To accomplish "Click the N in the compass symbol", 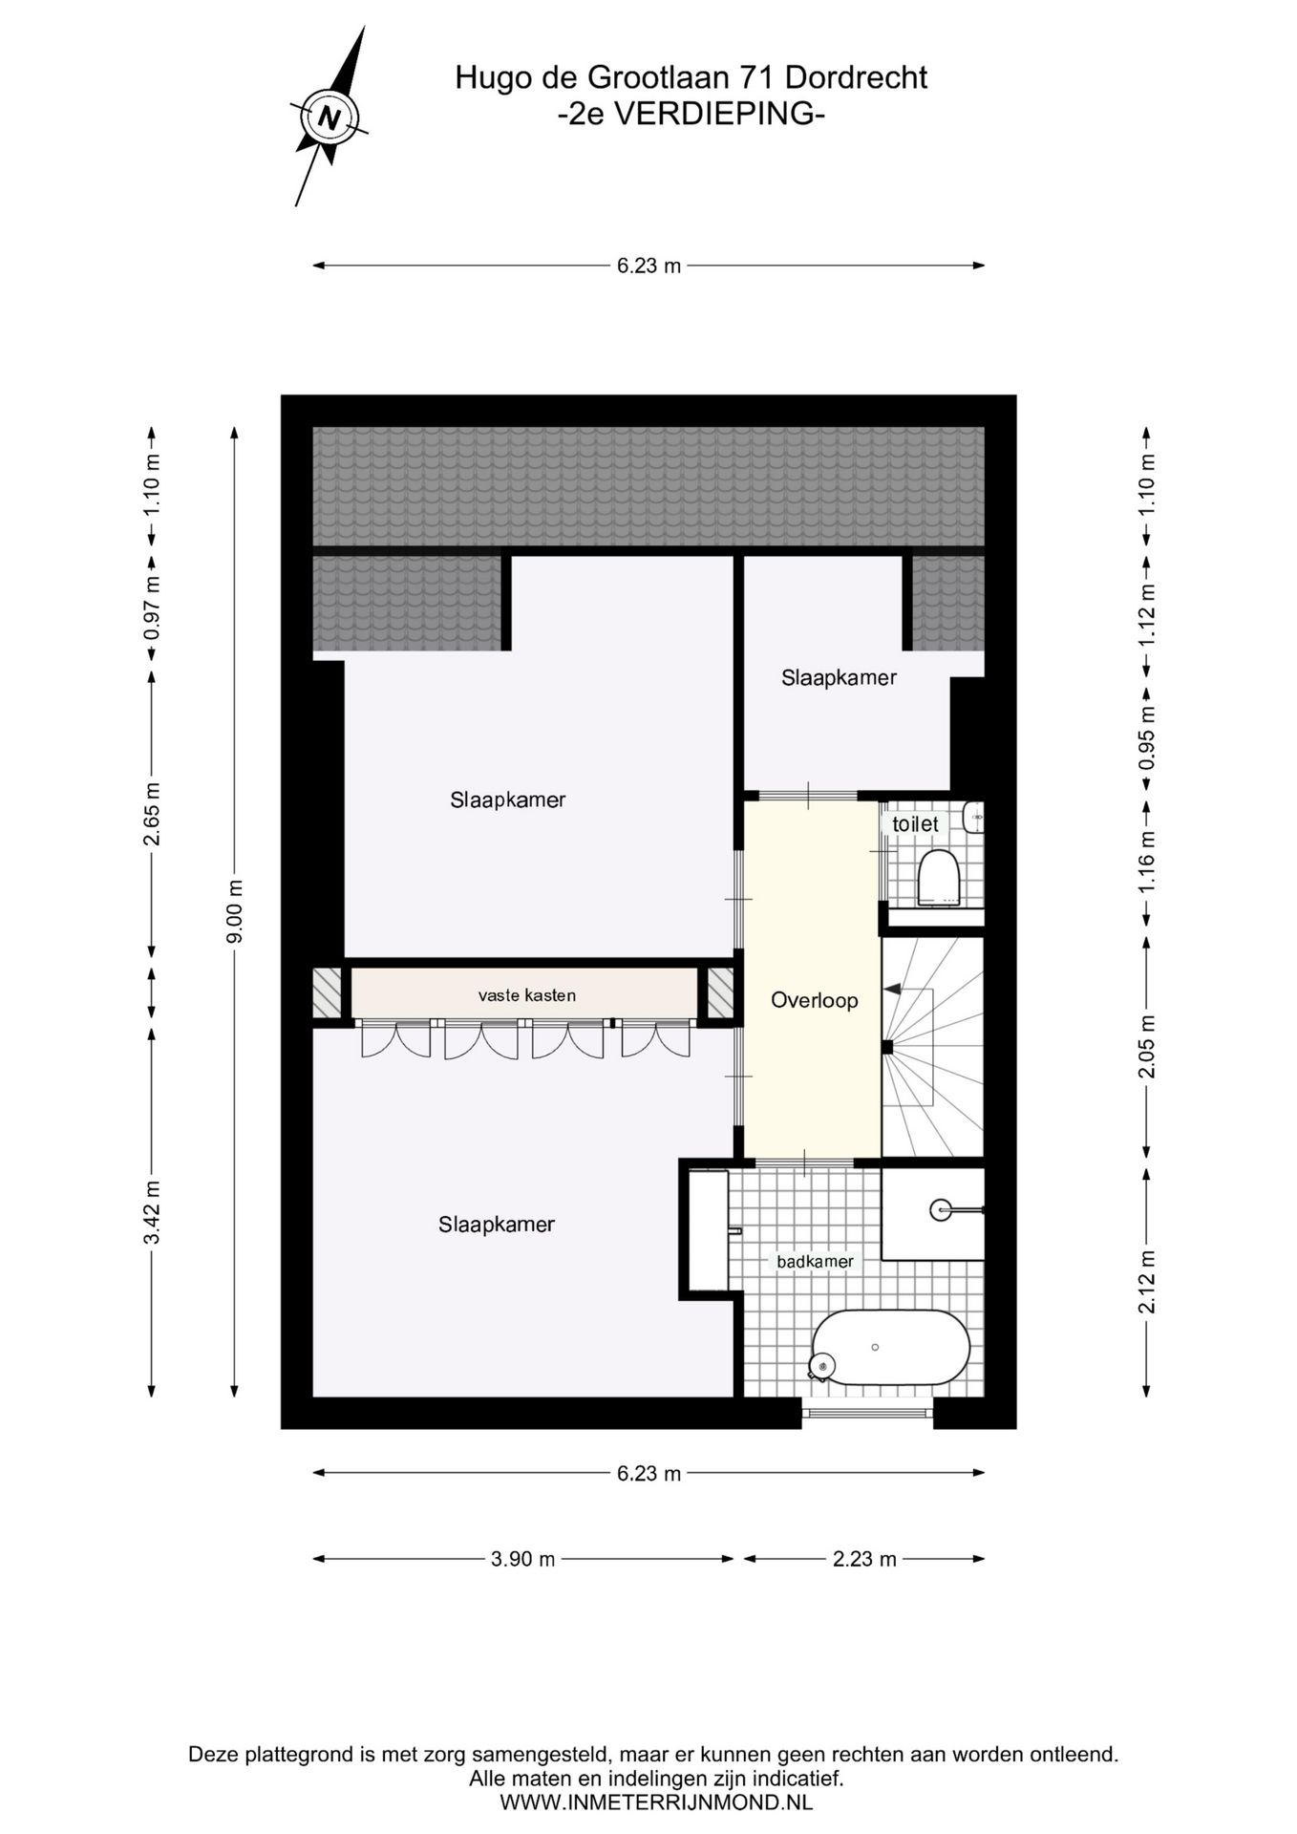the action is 330,119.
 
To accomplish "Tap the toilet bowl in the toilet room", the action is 937,877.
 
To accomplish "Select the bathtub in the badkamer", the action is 890,1347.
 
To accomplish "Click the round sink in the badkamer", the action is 942,1209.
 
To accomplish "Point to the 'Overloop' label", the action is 815,1000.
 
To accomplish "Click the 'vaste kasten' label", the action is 527,995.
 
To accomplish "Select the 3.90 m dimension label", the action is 522,1559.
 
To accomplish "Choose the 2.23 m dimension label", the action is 864,1559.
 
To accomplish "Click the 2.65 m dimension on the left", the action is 151,814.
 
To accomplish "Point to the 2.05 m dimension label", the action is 1147,1046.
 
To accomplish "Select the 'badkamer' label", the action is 815,1262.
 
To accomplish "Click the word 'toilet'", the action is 915,823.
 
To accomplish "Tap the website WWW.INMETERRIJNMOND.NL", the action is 656,1802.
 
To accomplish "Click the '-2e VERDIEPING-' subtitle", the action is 691,114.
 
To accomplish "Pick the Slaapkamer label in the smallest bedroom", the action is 839,677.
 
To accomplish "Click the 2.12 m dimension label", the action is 1147,1282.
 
